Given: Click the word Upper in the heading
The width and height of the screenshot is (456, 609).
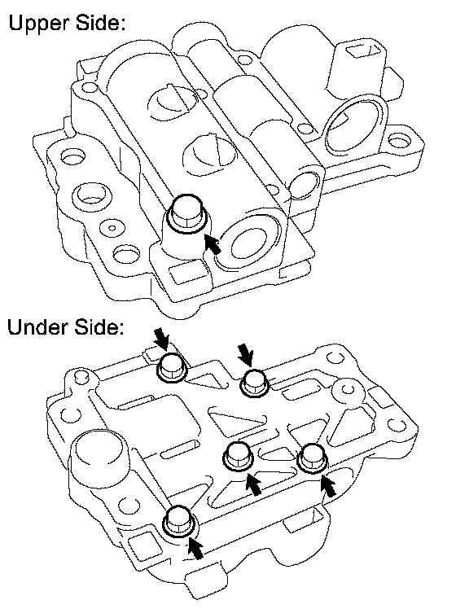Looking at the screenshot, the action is tap(39, 24).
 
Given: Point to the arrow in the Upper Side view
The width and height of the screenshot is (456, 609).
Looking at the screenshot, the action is tap(212, 243).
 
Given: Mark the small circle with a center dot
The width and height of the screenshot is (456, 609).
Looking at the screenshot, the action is tap(112, 228).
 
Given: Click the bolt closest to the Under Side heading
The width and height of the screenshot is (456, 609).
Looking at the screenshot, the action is tap(172, 368).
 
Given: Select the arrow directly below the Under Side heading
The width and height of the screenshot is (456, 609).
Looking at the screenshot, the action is tap(162, 339).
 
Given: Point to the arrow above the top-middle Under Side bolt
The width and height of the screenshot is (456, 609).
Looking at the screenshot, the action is tap(245, 354).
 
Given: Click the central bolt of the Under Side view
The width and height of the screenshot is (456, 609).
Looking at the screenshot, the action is tap(238, 457).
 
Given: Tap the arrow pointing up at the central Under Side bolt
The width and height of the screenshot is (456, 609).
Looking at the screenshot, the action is tap(253, 484).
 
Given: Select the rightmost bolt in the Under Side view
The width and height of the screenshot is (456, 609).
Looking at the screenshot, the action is tap(313, 458).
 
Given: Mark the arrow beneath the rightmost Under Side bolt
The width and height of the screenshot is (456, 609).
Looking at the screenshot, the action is tap(329, 484).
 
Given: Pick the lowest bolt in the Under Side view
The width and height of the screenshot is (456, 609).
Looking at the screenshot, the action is tap(178, 521).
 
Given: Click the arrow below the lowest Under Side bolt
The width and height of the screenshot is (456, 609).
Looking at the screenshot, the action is tap(196, 548).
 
